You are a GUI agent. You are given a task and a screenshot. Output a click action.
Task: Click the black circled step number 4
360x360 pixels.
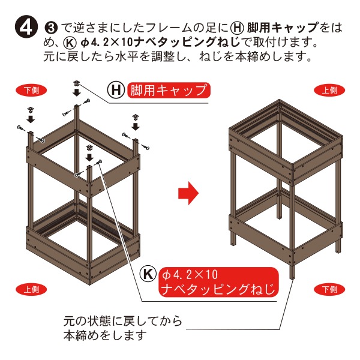click(x=26, y=28)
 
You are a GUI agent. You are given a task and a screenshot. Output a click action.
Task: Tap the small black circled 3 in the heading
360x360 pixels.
click(x=51, y=28)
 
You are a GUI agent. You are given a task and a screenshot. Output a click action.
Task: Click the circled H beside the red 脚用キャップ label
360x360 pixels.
click(x=116, y=90)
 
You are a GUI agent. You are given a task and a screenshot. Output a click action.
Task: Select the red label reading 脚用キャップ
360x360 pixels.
click(x=169, y=90)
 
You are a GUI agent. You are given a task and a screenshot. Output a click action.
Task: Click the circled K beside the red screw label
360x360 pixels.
click(x=148, y=274)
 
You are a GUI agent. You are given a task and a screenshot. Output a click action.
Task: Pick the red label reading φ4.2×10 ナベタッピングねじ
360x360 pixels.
click(x=218, y=282)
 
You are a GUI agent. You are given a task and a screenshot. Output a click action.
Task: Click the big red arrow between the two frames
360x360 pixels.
click(x=188, y=193)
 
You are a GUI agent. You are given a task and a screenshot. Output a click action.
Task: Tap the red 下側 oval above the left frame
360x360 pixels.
click(x=31, y=90)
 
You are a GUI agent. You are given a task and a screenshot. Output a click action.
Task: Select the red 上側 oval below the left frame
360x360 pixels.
click(x=31, y=289)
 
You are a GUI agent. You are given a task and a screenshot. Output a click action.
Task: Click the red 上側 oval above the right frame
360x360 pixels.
click(x=329, y=90)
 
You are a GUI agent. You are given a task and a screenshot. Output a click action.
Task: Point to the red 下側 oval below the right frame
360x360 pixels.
click(x=329, y=289)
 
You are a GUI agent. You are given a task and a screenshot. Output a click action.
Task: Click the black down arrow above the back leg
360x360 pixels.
click(x=76, y=92)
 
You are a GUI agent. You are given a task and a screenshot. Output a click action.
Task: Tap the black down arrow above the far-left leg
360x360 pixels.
click(x=31, y=119)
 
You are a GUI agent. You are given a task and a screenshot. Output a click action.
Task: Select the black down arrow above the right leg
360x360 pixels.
click(x=136, y=126)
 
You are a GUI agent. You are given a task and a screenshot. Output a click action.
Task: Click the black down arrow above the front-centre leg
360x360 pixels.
click(x=89, y=157)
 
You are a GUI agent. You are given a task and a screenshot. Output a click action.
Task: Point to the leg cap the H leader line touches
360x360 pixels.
click(x=76, y=83)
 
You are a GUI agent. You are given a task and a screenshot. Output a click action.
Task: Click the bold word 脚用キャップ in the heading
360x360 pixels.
click(x=283, y=28)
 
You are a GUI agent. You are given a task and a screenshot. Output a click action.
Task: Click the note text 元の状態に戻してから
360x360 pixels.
click(x=123, y=321)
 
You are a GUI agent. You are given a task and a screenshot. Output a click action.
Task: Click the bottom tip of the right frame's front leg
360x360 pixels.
click(x=293, y=279)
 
